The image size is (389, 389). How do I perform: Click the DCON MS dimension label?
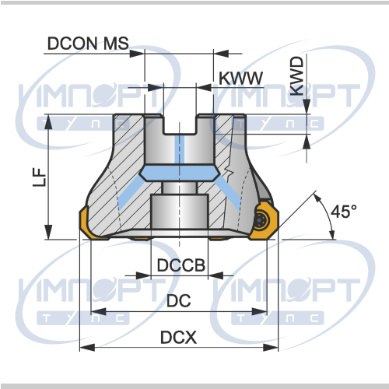88,43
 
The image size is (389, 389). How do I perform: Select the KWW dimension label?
241,78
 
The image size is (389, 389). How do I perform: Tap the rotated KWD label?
296,76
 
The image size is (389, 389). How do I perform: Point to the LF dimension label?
40,177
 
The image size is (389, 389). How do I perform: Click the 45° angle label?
344,212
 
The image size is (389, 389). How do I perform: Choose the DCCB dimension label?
181,265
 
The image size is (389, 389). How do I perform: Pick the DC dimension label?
179,300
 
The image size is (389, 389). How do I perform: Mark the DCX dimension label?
179,338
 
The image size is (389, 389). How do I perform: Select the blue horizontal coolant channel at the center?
180,173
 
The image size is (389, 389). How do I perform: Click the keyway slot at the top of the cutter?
180,124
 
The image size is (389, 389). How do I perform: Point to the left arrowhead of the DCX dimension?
87,348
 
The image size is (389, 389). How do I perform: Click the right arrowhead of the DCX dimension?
271,348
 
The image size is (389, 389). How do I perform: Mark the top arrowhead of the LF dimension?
48,122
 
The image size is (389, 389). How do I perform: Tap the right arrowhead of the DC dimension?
259,311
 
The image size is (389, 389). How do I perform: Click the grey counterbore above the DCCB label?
180,212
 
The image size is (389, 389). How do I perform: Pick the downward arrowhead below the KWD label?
307,107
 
